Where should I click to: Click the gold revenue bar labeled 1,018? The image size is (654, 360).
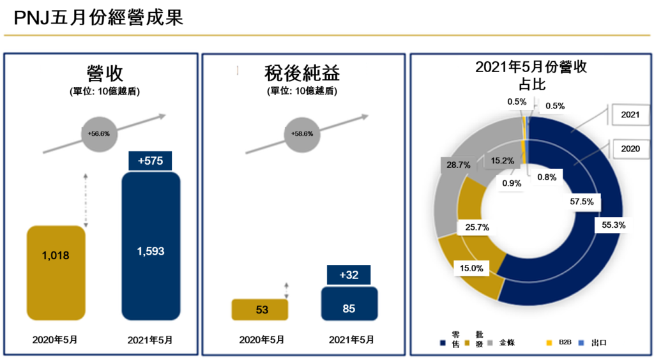(x=56, y=272)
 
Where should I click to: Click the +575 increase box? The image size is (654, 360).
(x=151, y=161)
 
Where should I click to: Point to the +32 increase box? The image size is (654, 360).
(x=349, y=274)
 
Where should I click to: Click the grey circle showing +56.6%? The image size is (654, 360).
(x=99, y=134)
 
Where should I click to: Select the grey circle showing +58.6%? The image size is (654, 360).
(x=301, y=134)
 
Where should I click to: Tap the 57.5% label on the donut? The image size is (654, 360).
(x=581, y=202)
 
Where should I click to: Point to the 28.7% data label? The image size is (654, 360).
(x=459, y=165)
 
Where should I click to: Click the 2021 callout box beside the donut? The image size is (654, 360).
(x=630, y=116)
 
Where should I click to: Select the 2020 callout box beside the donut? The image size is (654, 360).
(x=630, y=149)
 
